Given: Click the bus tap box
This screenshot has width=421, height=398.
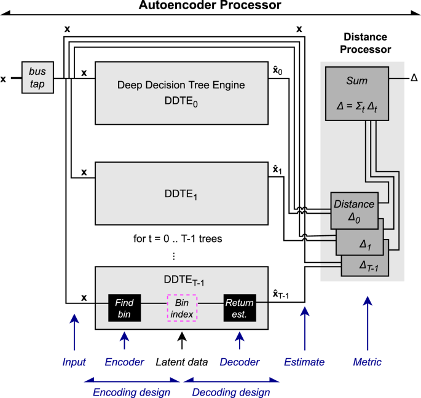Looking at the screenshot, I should tap(37, 77).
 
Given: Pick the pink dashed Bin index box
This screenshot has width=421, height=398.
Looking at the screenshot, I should tap(181, 307).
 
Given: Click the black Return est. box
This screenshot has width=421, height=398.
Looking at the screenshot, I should tap(239, 307).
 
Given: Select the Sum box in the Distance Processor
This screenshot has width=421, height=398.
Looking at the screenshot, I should tap(356, 94).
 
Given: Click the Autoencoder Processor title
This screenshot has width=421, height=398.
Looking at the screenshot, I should tap(210, 6).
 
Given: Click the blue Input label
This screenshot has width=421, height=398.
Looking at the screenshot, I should tap(74, 362).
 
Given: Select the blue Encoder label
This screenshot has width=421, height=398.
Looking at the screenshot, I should tap(125, 362).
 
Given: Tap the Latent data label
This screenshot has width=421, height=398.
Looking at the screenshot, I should tap(181, 362).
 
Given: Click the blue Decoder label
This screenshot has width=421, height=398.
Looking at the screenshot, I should tap(239, 362).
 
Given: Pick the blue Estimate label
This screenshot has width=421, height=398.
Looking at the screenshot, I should tap(304, 362).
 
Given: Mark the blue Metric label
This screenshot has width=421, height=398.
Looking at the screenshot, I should tap(366, 362).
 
